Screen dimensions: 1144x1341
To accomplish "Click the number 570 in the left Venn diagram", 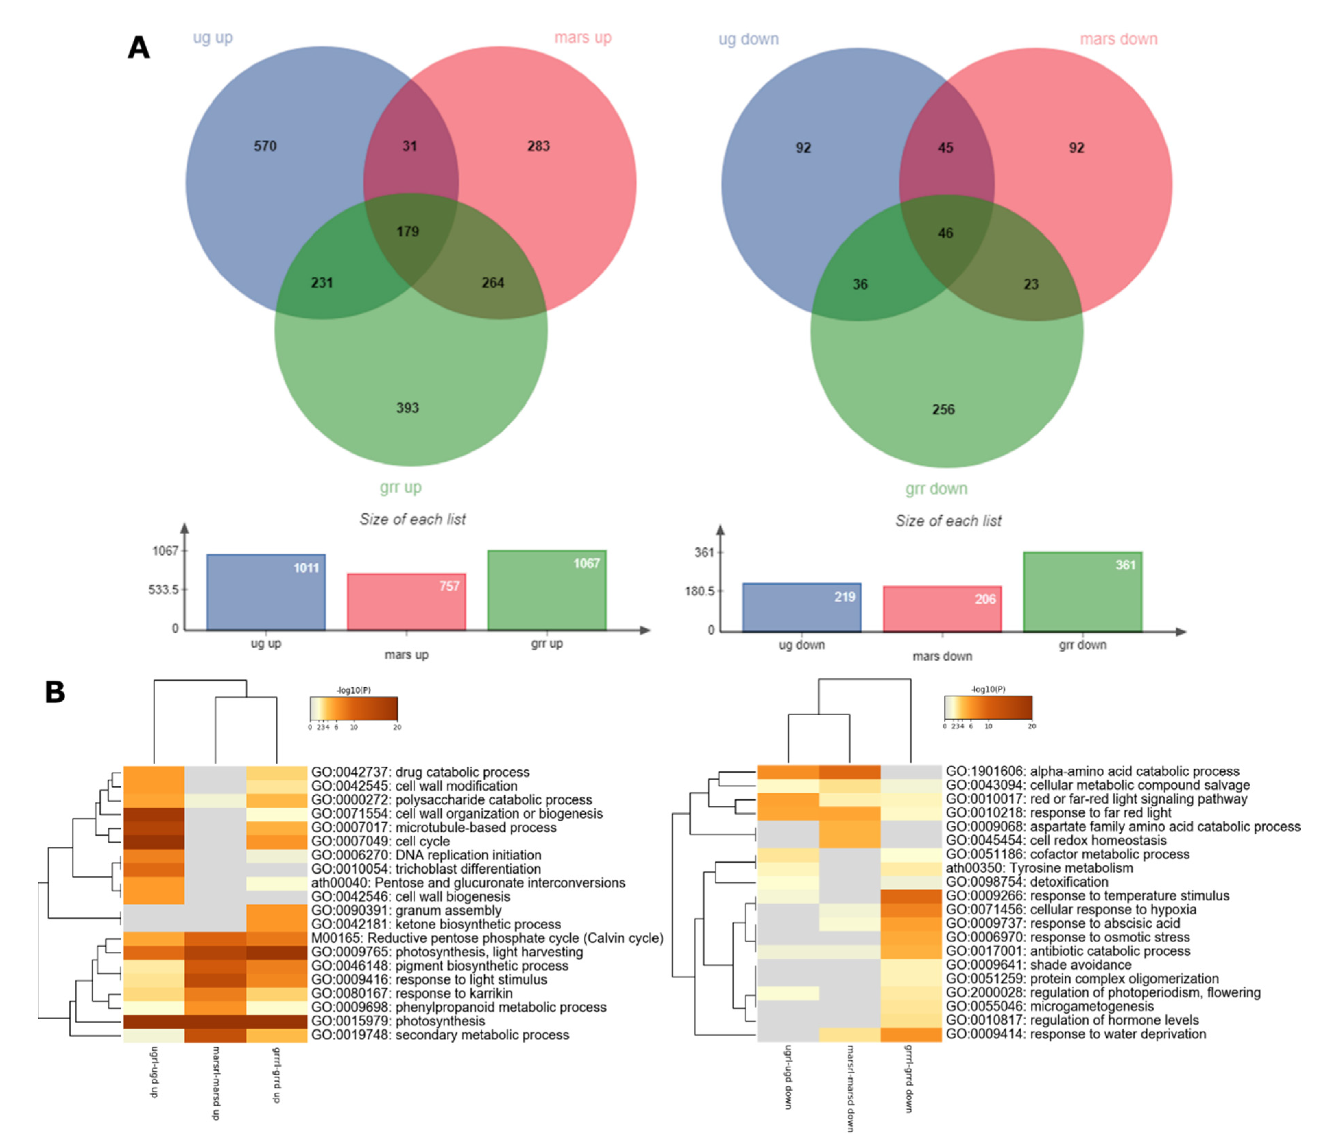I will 265,146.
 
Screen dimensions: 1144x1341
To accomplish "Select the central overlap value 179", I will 408,232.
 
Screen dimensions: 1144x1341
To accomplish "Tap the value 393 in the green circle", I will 408,408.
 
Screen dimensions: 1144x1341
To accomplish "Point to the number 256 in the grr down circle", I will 943,410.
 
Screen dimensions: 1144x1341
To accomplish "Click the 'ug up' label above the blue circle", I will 213,37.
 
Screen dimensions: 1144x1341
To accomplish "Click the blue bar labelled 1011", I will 266,592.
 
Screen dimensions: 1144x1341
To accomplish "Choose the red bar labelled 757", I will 406,602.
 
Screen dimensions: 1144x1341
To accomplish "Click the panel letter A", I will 139,48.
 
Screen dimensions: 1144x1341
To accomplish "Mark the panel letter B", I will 55,692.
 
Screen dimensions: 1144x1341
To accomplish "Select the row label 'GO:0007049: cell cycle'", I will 381,841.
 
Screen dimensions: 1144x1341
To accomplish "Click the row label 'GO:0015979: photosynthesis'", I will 398,1021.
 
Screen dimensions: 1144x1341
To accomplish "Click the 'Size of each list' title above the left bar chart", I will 412,519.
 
